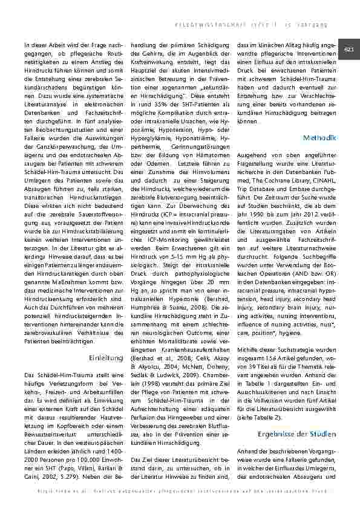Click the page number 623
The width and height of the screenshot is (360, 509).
click(349, 49)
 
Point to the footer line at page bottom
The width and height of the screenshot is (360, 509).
click(180, 498)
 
